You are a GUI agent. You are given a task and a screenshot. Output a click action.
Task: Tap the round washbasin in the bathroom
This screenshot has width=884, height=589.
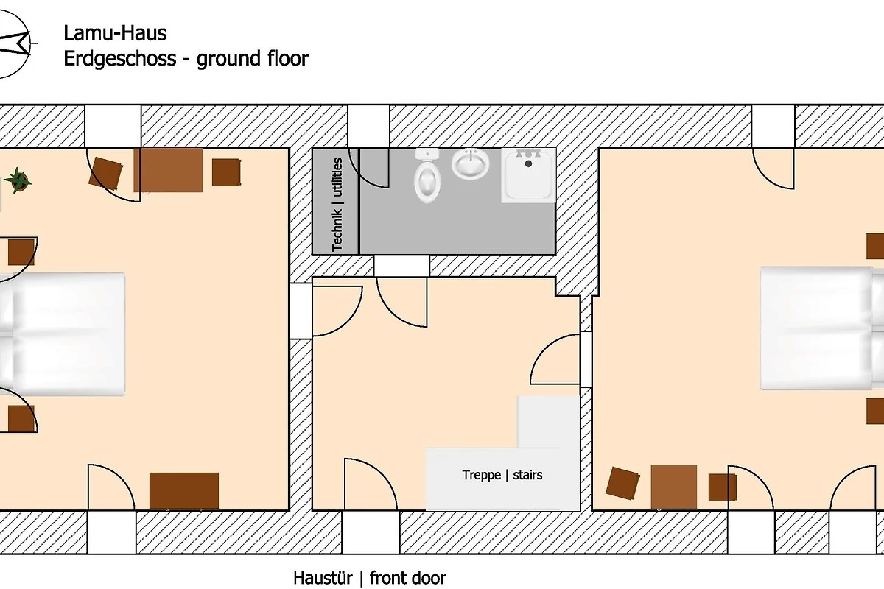pyautogui.click(x=471, y=163)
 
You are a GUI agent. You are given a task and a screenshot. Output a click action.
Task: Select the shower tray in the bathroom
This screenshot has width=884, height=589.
pyautogui.click(x=528, y=175)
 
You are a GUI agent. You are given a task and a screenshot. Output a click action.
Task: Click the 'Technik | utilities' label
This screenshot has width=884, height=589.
pyautogui.click(x=337, y=205)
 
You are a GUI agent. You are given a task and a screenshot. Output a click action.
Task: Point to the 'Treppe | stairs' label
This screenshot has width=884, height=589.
pyautogui.click(x=502, y=475)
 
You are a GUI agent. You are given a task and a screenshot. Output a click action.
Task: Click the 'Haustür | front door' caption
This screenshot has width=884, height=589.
pyautogui.click(x=369, y=578)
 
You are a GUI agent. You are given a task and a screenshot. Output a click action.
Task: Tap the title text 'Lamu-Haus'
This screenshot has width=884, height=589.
pyautogui.click(x=115, y=33)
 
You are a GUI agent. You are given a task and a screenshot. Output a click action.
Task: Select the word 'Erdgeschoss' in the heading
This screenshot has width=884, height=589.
pyautogui.click(x=119, y=59)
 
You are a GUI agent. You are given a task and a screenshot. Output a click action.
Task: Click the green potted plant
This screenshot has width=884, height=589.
pyautogui.click(x=18, y=180)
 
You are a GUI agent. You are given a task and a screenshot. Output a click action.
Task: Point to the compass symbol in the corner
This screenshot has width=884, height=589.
pyautogui.click(x=14, y=43)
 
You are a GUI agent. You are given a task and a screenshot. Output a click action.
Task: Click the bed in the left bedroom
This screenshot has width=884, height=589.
pyautogui.click(x=63, y=334)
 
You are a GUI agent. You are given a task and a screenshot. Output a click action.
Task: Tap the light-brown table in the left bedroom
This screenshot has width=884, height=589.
pyautogui.click(x=168, y=170)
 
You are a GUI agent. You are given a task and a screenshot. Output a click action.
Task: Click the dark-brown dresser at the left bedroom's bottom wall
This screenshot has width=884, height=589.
pyautogui.click(x=184, y=491)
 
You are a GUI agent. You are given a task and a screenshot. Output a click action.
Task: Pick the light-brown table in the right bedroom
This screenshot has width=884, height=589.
pyautogui.click(x=673, y=487)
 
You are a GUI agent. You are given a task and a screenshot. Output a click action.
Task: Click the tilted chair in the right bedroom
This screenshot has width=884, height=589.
pyautogui.click(x=622, y=483)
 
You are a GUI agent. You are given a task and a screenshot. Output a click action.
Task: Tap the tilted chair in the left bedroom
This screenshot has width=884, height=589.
pyautogui.click(x=105, y=173)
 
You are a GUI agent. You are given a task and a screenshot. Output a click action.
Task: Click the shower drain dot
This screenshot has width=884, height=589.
pyautogui.click(x=528, y=163)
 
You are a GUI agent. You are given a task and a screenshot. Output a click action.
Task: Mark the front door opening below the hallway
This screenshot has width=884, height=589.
pyautogui.click(x=371, y=532)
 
